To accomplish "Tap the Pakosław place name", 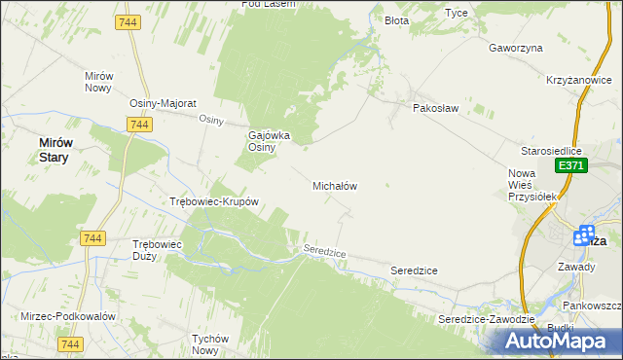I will (435, 108).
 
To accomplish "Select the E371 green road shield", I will (571, 167).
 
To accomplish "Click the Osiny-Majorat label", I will (164, 102).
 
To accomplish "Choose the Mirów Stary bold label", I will (55, 149).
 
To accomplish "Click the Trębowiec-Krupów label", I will (213, 202).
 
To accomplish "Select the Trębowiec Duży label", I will (158, 250).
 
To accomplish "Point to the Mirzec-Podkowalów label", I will (68, 316).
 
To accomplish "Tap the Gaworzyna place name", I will (515, 47).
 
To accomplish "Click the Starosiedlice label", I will (551, 151).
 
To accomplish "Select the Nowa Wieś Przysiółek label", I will (531, 184).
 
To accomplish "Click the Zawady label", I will (576, 265).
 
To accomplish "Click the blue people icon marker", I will (585, 235).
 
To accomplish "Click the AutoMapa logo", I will (561, 340).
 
